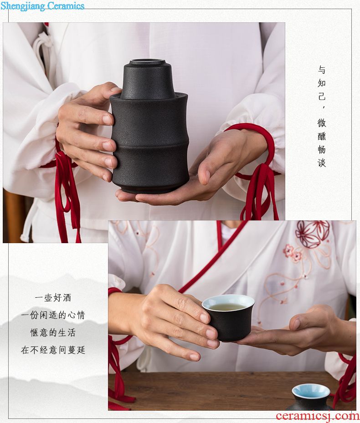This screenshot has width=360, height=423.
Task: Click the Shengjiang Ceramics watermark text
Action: pyautogui.click(x=42, y=5)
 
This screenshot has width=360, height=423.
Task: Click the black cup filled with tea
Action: pyautogui.click(x=228, y=317)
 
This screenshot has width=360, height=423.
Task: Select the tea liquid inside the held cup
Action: pyautogui.click(x=227, y=307)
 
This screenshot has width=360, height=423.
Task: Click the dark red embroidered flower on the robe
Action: pyautogui.click(x=313, y=234)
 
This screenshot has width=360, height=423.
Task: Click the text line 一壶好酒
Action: pyautogui.click(x=53, y=297)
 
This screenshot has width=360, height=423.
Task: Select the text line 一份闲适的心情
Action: pyautogui.click(x=53, y=315)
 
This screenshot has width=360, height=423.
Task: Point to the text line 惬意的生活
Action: pyautogui.click(x=53, y=333)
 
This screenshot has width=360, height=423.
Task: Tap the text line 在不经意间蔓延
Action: pyautogui.click(x=53, y=350)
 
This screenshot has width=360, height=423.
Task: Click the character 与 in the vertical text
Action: pyautogui.click(x=321, y=70)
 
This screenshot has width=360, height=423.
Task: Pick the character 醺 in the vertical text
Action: pyautogui.click(x=321, y=136)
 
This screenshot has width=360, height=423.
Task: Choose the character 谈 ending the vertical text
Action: pyautogui.click(x=321, y=163)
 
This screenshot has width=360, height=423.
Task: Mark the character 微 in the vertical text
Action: pyautogui.click(x=321, y=123)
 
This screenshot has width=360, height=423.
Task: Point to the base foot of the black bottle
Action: pyautogui.click(x=149, y=189)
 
